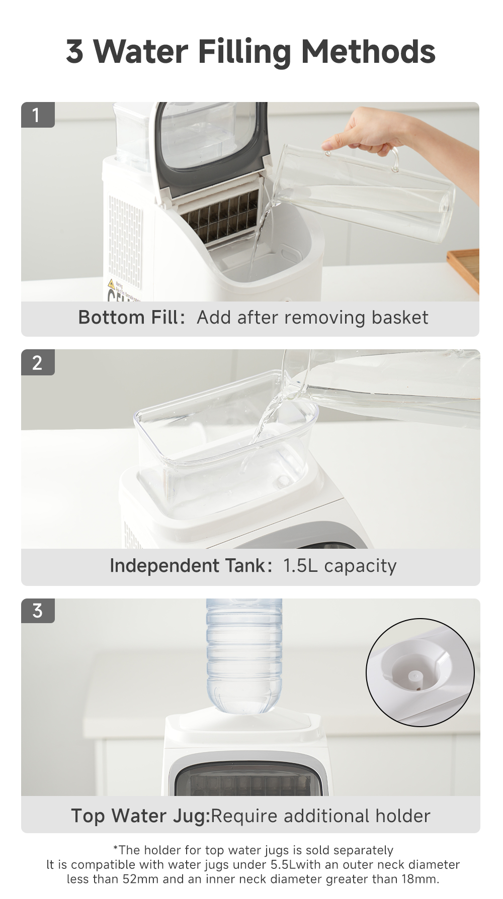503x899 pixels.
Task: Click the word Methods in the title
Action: pyautogui.click(x=368, y=52)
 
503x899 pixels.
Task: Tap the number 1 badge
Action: pyautogui.click(x=36, y=115)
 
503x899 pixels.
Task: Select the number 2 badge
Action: pyautogui.click(x=37, y=362)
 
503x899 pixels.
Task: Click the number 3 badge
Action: pyautogui.click(x=37, y=611)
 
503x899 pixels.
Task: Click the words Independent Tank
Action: pyautogui.click(x=190, y=566)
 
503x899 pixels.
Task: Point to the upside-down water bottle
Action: pyautogui.click(x=244, y=653)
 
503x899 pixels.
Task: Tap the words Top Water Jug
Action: pyautogui.click(x=140, y=816)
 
